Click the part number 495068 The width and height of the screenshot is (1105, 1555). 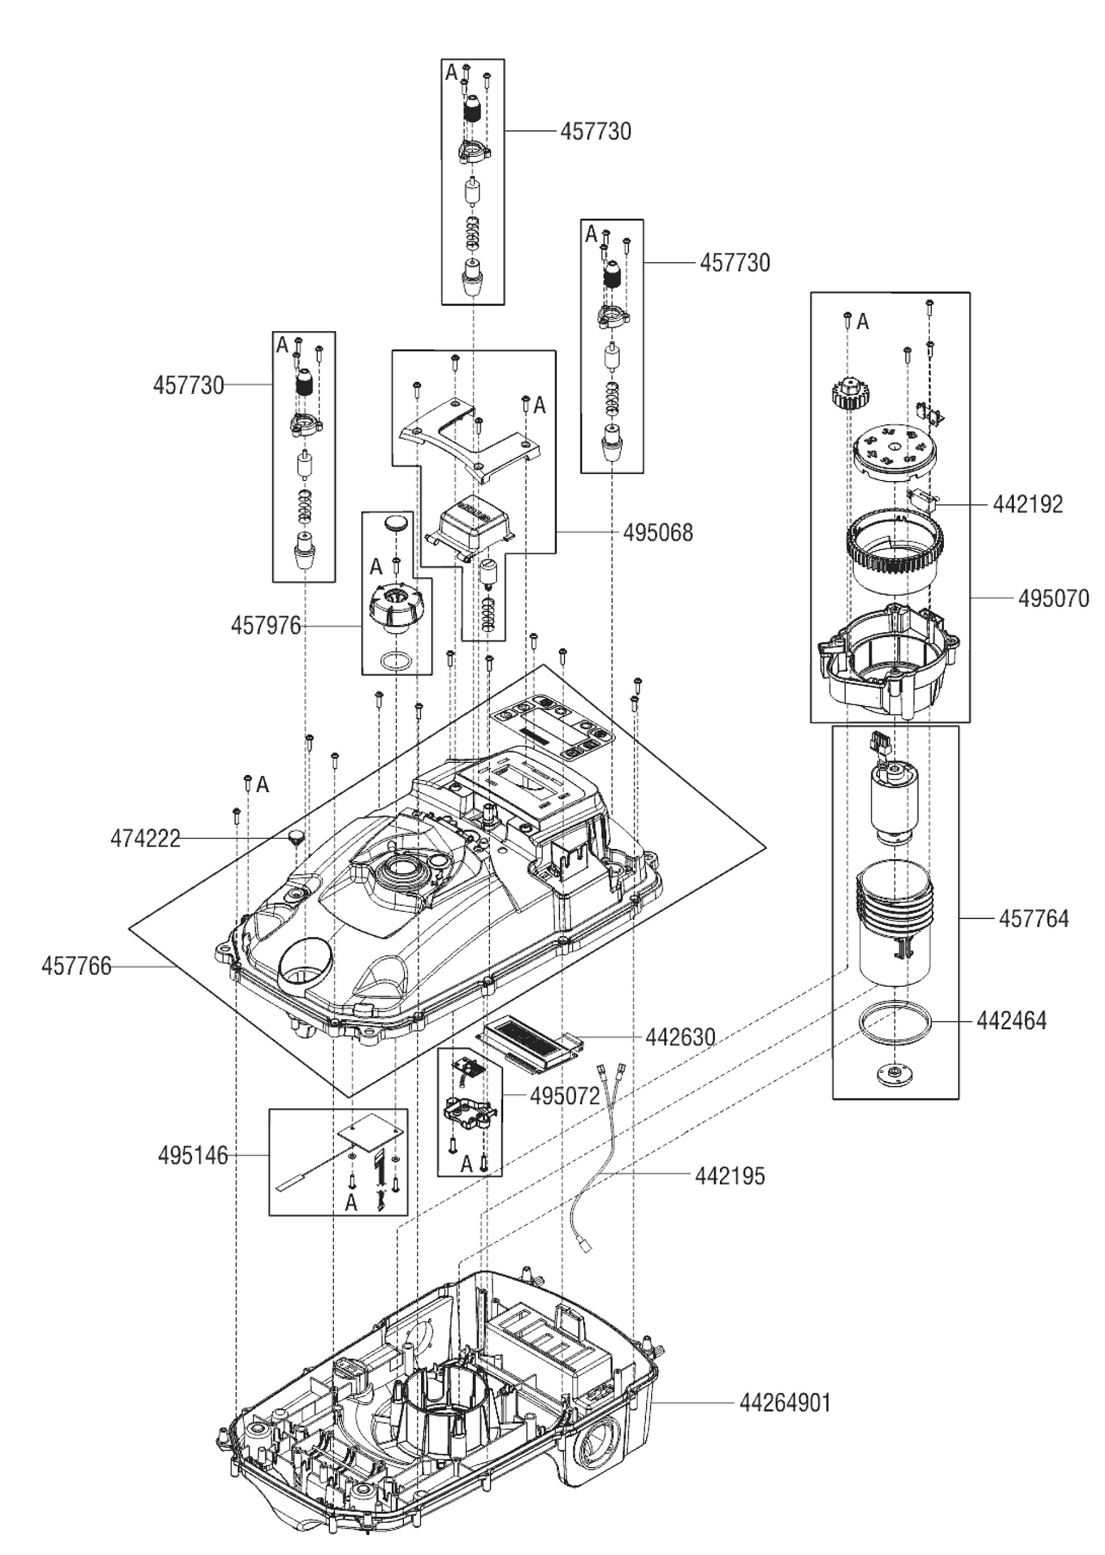[x=657, y=533]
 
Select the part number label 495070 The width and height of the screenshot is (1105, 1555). [x=1053, y=599]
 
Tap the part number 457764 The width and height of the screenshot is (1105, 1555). [x=1034, y=919]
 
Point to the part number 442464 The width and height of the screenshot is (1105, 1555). [x=1011, y=1021]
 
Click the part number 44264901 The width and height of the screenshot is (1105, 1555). [x=785, y=1403]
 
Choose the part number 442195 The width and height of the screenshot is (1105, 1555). [x=730, y=1176]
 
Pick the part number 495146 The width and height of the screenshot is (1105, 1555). [x=193, y=1156]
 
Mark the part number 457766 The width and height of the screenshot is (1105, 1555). [x=76, y=967]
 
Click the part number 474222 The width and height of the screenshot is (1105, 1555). [x=145, y=839]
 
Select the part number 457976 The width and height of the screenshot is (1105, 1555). [x=266, y=626]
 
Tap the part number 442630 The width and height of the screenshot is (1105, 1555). [x=680, y=1037]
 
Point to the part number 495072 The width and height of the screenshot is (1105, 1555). [x=564, y=1096]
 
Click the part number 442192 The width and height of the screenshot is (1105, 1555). [x=1027, y=504]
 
